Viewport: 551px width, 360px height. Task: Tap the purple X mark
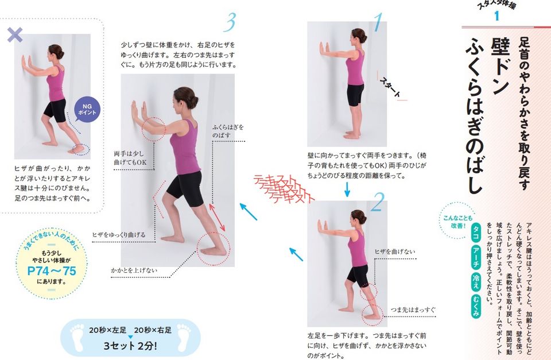click(x=14, y=36)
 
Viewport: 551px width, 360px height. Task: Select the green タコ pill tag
click(x=475, y=235)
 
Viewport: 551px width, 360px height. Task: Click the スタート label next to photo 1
click(x=390, y=89)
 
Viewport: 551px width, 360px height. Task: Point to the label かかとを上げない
click(x=134, y=270)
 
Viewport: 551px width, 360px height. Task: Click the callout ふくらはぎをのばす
click(x=228, y=130)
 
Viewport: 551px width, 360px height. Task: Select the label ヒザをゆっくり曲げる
click(x=119, y=235)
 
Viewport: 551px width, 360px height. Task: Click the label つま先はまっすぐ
click(x=412, y=311)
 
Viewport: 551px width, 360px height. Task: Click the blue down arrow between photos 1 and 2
click(x=347, y=189)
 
